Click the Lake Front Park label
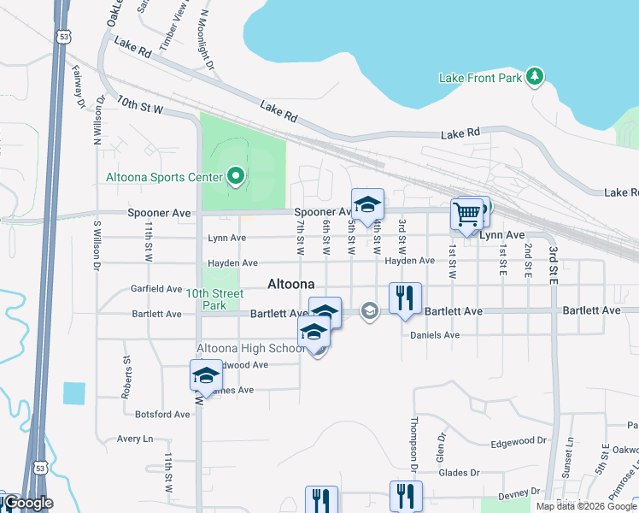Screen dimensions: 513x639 [x=480, y=78]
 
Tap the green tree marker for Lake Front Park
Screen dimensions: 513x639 [x=536, y=77]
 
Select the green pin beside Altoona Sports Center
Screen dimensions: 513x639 [x=237, y=178]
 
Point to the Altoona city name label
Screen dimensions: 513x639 [x=291, y=284]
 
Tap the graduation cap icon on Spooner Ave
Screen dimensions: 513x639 [x=367, y=204]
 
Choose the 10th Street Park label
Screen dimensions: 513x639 [x=214, y=299]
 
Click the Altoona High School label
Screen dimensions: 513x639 [x=250, y=348]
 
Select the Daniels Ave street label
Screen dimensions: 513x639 [x=435, y=335]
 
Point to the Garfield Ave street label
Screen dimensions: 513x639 [x=156, y=289]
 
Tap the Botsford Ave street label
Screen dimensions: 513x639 [x=162, y=414]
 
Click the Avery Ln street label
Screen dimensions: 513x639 [x=135, y=439]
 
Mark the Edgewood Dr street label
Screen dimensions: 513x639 [x=519, y=441]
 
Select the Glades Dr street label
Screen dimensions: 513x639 [x=458, y=472]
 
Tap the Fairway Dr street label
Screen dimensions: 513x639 [x=79, y=87]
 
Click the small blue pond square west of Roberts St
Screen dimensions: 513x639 [x=74, y=393]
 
